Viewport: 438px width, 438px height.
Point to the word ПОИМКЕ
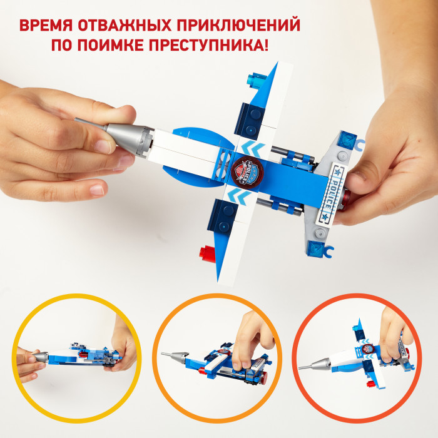click(x=110, y=44)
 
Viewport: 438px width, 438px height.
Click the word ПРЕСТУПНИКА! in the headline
click(x=208, y=44)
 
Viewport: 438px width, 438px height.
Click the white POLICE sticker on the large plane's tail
click(x=331, y=193)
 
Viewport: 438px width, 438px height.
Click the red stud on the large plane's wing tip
click(x=208, y=253)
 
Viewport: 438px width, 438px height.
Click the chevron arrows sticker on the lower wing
click(x=239, y=196)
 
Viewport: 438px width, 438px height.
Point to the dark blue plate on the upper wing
click(x=250, y=121)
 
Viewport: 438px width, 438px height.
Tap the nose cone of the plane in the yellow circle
click(x=41, y=357)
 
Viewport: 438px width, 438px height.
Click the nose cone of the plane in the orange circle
click(x=175, y=357)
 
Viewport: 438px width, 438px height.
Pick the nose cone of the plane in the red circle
click(x=315, y=365)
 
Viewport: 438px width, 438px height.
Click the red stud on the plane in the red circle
click(x=370, y=384)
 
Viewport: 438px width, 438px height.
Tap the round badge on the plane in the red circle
click(x=367, y=350)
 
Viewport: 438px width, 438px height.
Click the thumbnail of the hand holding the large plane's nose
click(x=125, y=112)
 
